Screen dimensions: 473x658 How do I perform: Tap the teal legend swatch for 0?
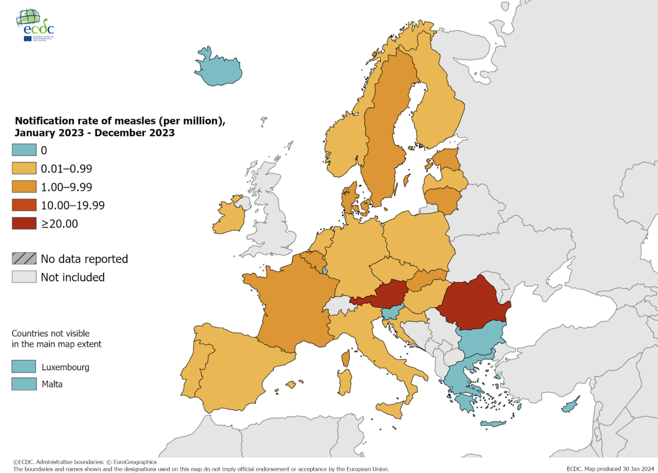(x=23, y=150)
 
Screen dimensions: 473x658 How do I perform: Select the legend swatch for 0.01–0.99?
(x=23, y=169)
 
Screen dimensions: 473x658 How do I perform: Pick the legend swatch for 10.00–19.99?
(x=23, y=205)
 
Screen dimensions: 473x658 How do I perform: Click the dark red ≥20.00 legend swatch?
(x=23, y=223)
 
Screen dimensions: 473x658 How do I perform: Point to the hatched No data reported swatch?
(x=23, y=259)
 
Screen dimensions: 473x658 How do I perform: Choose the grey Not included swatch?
(x=23, y=277)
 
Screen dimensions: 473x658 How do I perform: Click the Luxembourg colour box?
(x=23, y=367)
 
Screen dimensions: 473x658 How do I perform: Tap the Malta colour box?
(x=23, y=384)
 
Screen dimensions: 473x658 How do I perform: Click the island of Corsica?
(x=345, y=358)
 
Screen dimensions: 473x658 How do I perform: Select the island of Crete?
(x=492, y=424)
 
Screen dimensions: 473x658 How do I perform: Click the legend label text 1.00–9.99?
(x=66, y=187)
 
